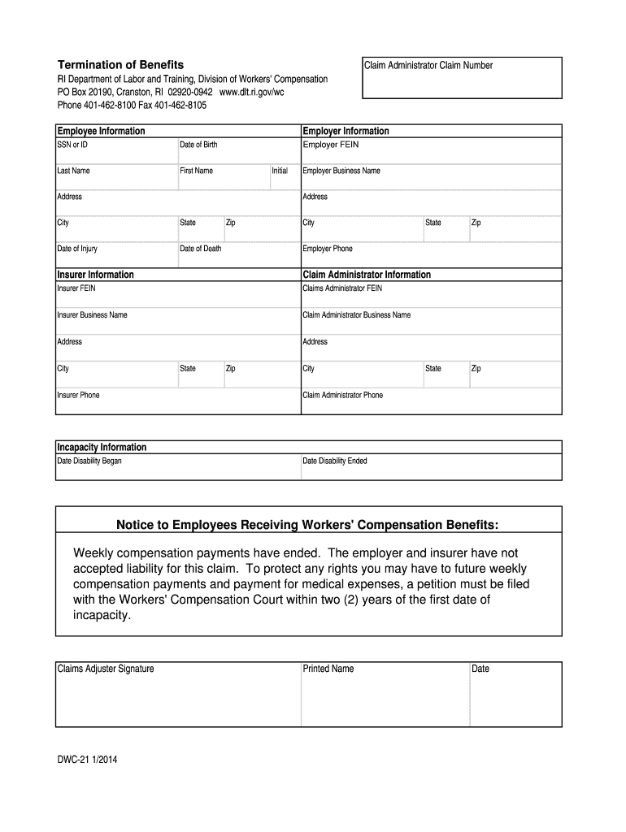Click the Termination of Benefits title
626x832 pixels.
tap(120, 64)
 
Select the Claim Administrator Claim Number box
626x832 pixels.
tap(461, 77)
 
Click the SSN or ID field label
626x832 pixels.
tap(72, 145)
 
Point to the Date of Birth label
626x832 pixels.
tap(198, 145)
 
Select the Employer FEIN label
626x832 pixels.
tap(330, 145)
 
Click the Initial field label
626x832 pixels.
tap(280, 171)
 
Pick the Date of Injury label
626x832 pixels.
tap(77, 249)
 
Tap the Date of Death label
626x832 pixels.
tap(200, 249)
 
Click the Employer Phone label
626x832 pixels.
tap(328, 249)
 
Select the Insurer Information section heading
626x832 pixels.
tap(95, 275)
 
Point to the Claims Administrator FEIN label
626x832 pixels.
tap(342, 288)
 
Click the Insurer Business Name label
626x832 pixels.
tap(92, 314)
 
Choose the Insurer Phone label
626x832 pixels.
tap(78, 395)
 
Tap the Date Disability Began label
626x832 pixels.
tap(89, 461)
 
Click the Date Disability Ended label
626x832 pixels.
tap(335, 461)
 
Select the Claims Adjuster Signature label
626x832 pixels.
tap(106, 669)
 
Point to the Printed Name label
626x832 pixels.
tap(328, 669)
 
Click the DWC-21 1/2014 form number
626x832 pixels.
tap(87, 761)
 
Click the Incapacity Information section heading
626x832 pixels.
tap(102, 447)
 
